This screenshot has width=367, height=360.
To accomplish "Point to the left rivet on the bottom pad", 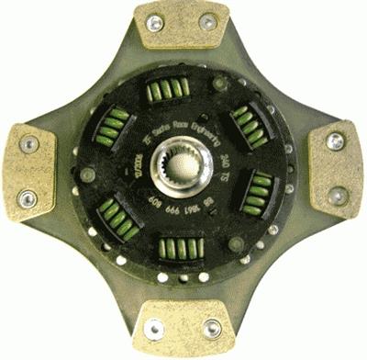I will (x=153, y=326).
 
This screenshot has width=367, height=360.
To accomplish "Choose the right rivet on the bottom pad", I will (x=212, y=326).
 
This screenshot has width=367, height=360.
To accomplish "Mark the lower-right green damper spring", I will (x=260, y=192).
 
